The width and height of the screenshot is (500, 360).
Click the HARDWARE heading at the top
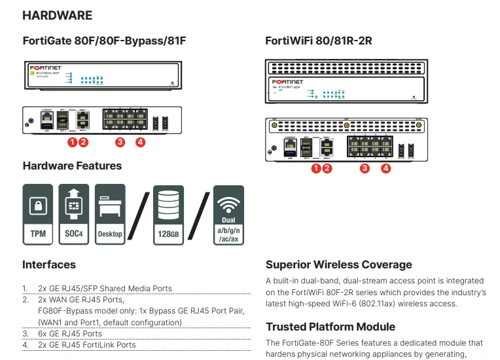click(x=58, y=14)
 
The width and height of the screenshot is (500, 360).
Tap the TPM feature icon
click(x=39, y=215)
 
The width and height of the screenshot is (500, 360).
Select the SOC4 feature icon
click(x=73, y=215)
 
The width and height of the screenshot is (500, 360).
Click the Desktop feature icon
click(x=109, y=215)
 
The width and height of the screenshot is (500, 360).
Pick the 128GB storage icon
click(x=169, y=215)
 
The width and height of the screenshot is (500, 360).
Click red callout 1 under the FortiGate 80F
click(x=73, y=141)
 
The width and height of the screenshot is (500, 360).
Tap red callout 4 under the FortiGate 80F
click(x=140, y=141)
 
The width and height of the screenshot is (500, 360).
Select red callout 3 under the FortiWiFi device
click(x=365, y=168)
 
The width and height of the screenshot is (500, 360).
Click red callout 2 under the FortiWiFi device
click(x=327, y=168)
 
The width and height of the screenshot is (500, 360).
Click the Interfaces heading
click(x=49, y=265)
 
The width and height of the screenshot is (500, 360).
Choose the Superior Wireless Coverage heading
click(x=339, y=265)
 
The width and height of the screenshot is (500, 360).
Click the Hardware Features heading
click(x=72, y=166)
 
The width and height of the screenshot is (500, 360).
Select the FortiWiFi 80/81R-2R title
click(x=319, y=41)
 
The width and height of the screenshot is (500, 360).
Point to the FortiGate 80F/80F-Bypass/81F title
click(x=105, y=41)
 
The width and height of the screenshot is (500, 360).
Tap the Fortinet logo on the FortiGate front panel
click(x=45, y=67)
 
